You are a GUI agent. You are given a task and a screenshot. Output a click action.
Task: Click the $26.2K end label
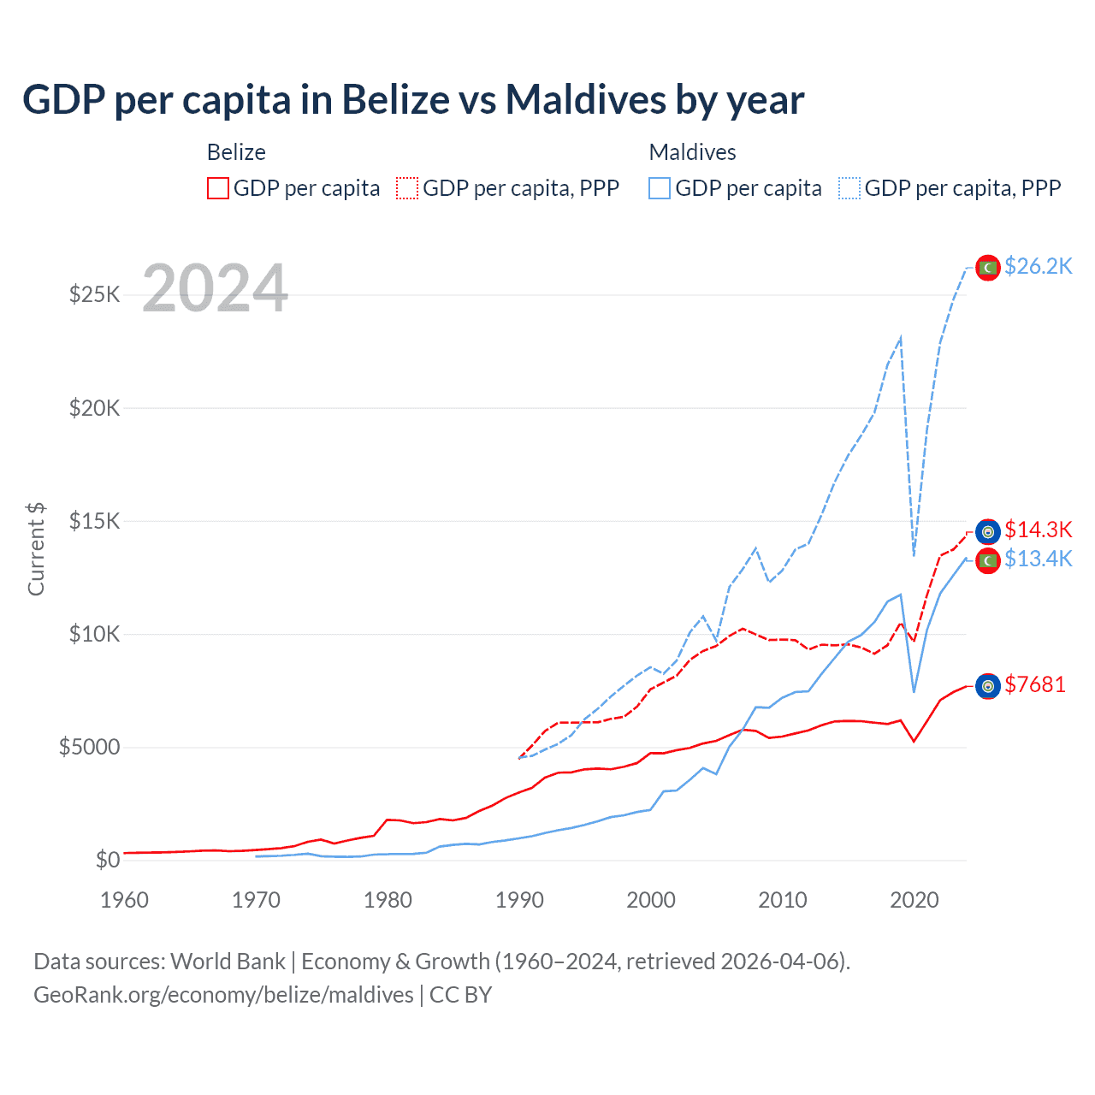pyautogui.click(x=1038, y=267)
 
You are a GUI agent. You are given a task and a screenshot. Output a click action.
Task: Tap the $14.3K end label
pyautogui.click(x=1038, y=530)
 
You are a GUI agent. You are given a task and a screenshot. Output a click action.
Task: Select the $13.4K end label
pyautogui.click(x=1038, y=559)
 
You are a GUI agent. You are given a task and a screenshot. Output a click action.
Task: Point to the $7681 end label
pyautogui.click(x=1035, y=684)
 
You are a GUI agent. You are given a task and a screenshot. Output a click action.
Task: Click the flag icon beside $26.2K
pyautogui.click(x=988, y=268)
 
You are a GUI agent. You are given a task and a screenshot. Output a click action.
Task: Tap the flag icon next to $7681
pyautogui.click(x=988, y=686)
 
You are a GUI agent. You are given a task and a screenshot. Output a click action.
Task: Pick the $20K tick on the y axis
pyautogui.click(x=95, y=408)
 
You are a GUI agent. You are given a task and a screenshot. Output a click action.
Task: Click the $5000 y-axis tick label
pyautogui.click(x=89, y=748)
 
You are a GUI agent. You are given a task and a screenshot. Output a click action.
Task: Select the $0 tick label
pyautogui.click(x=107, y=860)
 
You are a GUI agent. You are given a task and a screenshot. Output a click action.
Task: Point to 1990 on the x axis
pyautogui.click(x=519, y=900)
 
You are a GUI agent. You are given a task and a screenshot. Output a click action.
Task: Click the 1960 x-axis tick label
pyautogui.click(x=125, y=900)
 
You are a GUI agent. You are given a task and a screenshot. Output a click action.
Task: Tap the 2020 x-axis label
pyautogui.click(x=914, y=900)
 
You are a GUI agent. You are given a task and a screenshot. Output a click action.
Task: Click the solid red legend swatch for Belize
pyautogui.click(x=218, y=188)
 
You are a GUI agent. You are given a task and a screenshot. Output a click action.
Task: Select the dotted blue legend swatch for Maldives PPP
pyautogui.click(x=849, y=188)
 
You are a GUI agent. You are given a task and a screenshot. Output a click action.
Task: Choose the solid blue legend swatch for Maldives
pyautogui.click(x=660, y=188)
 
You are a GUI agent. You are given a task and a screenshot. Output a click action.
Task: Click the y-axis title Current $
pyautogui.click(x=36, y=549)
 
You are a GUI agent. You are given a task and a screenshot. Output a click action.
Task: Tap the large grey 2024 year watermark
pyautogui.click(x=215, y=288)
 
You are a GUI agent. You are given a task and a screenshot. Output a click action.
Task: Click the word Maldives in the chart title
pyautogui.click(x=585, y=99)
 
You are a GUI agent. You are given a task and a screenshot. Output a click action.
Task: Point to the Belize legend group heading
pyautogui.click(x=236, y=152)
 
